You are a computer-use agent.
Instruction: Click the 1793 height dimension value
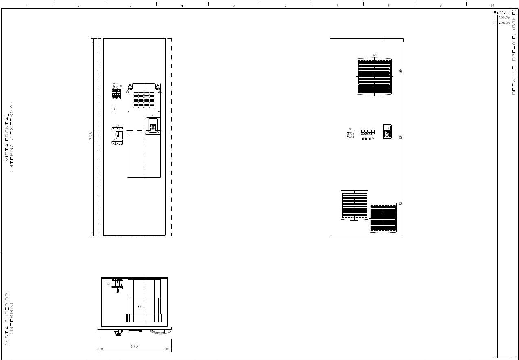pos(91,137)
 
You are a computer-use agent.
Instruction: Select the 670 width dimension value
pos(134,347)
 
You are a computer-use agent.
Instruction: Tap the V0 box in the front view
pos(115,109)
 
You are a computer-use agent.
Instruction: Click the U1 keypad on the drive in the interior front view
pos(153,125)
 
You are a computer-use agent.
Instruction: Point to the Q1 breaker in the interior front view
pos(117,135)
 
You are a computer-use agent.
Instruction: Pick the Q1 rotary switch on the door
pos(350,135)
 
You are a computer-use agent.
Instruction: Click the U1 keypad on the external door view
pos(387,131)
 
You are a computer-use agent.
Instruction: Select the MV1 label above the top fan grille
pos(374,55)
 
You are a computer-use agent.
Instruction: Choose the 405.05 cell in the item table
pos(504,18)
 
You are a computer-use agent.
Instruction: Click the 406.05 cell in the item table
pos(504,23)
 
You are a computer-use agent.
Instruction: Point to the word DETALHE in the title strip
pos(514,80)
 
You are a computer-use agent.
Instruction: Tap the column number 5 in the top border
pos(234,5)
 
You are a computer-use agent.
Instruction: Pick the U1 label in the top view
pos(139,307)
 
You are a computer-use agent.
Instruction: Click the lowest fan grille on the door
pos(383,218)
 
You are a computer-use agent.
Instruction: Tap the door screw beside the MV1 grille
pos(401,71)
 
